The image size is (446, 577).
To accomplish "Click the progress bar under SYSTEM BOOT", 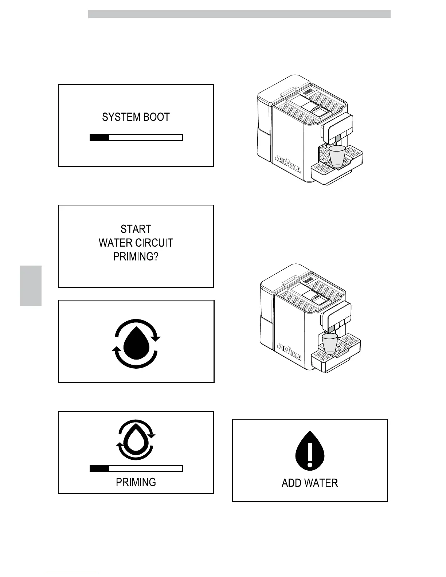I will pyautogui.click(x=136, y=137).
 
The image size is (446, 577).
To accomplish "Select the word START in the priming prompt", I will pyautogui.click(x=136, y=229).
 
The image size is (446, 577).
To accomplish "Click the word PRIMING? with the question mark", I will pyautogui.click(x=136, y=257).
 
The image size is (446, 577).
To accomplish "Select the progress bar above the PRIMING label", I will pyautogui.click(x=136, y=468).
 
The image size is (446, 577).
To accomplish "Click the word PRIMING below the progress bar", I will pyautogui.click(x=136, y=482).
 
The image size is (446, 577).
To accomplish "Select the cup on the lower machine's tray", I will pyautogui.click(x=330, y=344).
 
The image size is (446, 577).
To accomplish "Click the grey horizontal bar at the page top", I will pyautogui.click(x=239, y=14).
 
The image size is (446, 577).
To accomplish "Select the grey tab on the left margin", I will pyautogui.click(x=31, y=286).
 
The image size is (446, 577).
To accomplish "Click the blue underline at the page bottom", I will pyautogui.click(x=72, y=574).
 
